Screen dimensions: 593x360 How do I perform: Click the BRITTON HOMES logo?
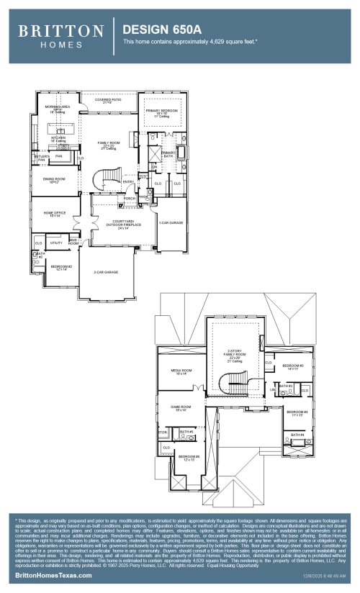click(60, 36)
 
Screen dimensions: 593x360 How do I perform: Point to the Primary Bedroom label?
click(162, 112)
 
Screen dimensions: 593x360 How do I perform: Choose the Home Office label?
click(55, 214)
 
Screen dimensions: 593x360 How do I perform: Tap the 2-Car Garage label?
click(106, 272)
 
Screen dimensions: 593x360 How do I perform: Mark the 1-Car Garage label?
click(171, 223)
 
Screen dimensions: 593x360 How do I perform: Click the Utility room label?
click(56, 243)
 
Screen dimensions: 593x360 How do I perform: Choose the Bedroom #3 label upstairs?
click(292, 367)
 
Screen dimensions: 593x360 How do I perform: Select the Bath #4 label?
click(297, 435)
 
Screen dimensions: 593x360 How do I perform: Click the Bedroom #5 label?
click(189, 457)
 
